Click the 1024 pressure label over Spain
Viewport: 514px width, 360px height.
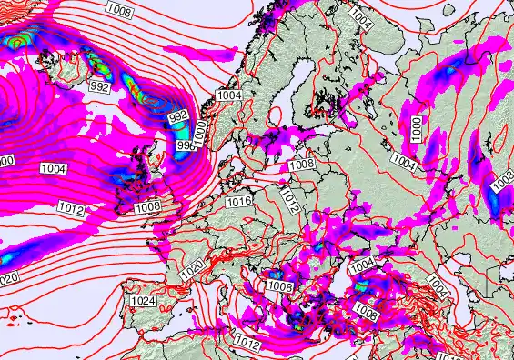[x=143, y=301]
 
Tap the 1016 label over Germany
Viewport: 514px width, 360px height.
[x=238, y=201]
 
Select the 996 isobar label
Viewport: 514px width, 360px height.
[x=185, y=145]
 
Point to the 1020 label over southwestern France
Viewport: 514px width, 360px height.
[x=191, y=270]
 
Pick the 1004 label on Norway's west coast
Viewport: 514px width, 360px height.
[x=229, y=95]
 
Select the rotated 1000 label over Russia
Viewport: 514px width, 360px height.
[x=416, y=129]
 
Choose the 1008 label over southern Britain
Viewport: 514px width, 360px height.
[x=147, y=207]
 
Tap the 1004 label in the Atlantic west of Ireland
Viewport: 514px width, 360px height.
[x=53, y=168]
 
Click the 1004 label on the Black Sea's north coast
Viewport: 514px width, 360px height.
[x=362, y=264]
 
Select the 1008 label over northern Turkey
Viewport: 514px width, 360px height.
[x=367, y=313]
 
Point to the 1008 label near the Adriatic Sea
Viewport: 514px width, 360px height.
[x=279, y=286]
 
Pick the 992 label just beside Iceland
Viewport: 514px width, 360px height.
[x=99, y=88]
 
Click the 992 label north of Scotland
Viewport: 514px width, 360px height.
[x=178, y=116]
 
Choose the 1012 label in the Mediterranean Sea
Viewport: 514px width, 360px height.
[x=247, y=343]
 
